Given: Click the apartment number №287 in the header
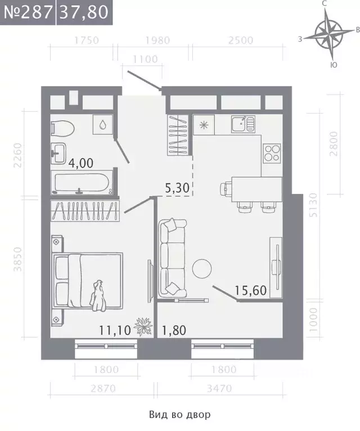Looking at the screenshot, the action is pos(28,12).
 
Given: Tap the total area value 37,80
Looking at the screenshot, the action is pos(84,12).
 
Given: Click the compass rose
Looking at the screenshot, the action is pos(329,35).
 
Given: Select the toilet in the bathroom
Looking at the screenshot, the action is pos(62,128).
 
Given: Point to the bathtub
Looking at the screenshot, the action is pos(82,183).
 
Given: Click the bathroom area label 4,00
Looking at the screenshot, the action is pos(81,164).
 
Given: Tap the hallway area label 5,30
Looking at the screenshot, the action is pos(177,188).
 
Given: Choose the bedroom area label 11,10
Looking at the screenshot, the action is pos(115,330).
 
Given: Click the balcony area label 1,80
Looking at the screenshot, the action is pos(174,330).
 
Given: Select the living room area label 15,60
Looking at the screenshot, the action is pos(251,291).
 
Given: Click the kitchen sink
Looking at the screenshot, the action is pos(243,124).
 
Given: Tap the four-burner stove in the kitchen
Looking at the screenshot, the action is pos(272,153).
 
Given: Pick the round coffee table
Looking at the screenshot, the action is pos(202,269).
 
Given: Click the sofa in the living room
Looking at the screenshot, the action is pos(173,258).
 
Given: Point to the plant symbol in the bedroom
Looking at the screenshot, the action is pos(143,326).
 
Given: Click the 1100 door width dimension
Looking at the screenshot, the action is pos(145,59).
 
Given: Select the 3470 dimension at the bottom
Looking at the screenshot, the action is pos(219,388).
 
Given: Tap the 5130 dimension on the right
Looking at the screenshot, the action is pos(313,205).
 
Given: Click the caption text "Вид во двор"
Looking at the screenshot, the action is pos(180,415).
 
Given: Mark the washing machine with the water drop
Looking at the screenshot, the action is pos(103,125).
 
